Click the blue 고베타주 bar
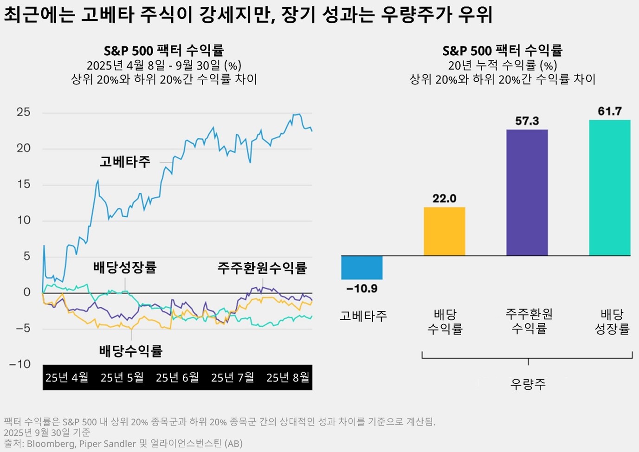361,267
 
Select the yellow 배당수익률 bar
444,231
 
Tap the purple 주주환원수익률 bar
527,193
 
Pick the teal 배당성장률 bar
609,187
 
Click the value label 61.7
609,111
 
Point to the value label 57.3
527,121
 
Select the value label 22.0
444,199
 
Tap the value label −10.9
362,289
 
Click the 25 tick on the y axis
23,112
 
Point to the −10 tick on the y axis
20,364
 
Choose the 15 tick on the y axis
23,184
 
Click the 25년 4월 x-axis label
67,378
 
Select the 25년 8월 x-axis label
288,378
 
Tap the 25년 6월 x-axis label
177,378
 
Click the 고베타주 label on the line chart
125,162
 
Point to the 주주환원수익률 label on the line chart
262,268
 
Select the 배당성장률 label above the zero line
125,267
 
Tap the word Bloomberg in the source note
51,444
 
